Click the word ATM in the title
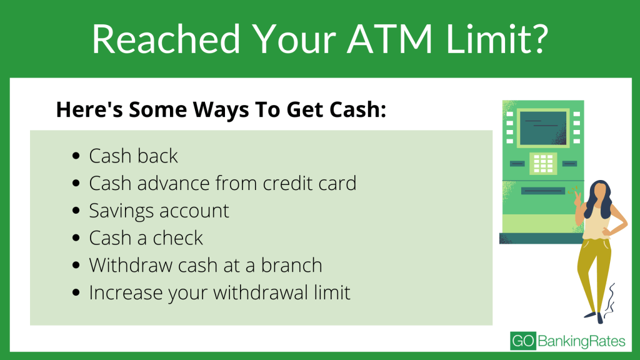click(x=390, y=39)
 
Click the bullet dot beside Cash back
click(x=76, y=156)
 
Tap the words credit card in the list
click(x=309, y=183)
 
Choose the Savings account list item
click(x=159, y=211)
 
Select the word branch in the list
click(x=291, y=265)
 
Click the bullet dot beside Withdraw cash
click(x=76, y=265)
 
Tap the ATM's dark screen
click(x=543, y=128)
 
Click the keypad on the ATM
click(x=543, y=163)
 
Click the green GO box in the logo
click(x=523, y=341)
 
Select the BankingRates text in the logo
click(x=581, y=341)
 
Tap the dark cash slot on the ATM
click(x=543, y=191)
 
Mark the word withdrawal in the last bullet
click(x=261, y=292)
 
